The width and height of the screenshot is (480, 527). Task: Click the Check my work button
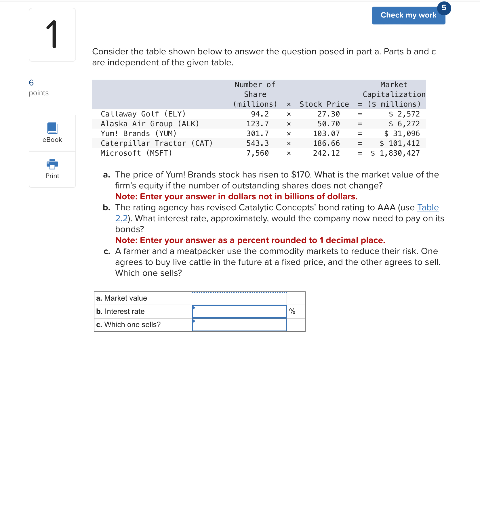click(408, 16)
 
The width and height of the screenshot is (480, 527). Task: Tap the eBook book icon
click(52, 128)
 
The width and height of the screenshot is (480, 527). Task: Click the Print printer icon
click(52, 164)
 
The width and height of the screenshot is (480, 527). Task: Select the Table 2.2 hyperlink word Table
click(428, 207)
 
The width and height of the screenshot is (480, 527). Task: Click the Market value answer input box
click(239, 299)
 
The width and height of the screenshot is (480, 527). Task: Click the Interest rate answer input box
click(239, 312)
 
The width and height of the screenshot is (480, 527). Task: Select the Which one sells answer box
click(239, 325)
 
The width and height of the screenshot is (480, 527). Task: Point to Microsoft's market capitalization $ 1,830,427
click(395, 153)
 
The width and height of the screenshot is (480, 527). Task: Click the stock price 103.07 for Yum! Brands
click(326, 133)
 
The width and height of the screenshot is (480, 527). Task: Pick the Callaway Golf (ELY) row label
click(143, 114)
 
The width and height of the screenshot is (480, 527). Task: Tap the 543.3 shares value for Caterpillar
click(257, 143)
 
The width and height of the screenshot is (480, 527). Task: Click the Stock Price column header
click(324, 104)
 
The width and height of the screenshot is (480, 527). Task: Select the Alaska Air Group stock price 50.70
click(328, 124)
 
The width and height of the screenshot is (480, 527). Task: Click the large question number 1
click(52, 35)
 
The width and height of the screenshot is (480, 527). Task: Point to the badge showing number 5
click(444, 8)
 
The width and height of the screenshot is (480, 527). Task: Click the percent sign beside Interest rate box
click(292, 312)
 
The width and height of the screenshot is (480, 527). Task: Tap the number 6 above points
click(31, 83)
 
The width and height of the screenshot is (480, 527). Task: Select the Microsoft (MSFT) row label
click(136, 153)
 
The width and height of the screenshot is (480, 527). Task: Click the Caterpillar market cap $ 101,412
click(399, 143)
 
